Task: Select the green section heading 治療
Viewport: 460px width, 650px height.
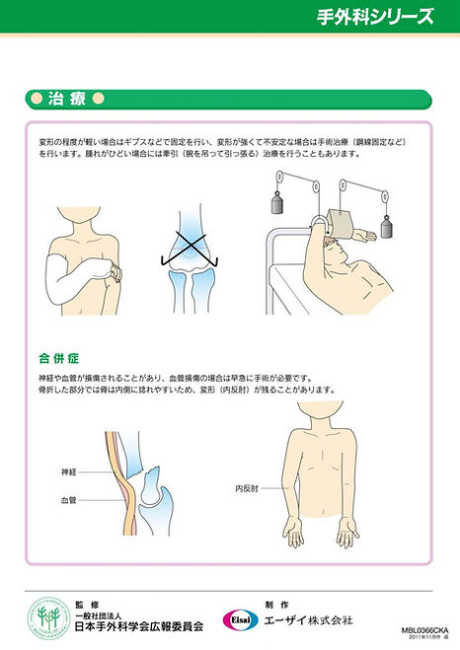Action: (68, 99)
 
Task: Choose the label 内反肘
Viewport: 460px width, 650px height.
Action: (247, 487)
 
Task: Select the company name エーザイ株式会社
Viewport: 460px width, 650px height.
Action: (309, 619)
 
